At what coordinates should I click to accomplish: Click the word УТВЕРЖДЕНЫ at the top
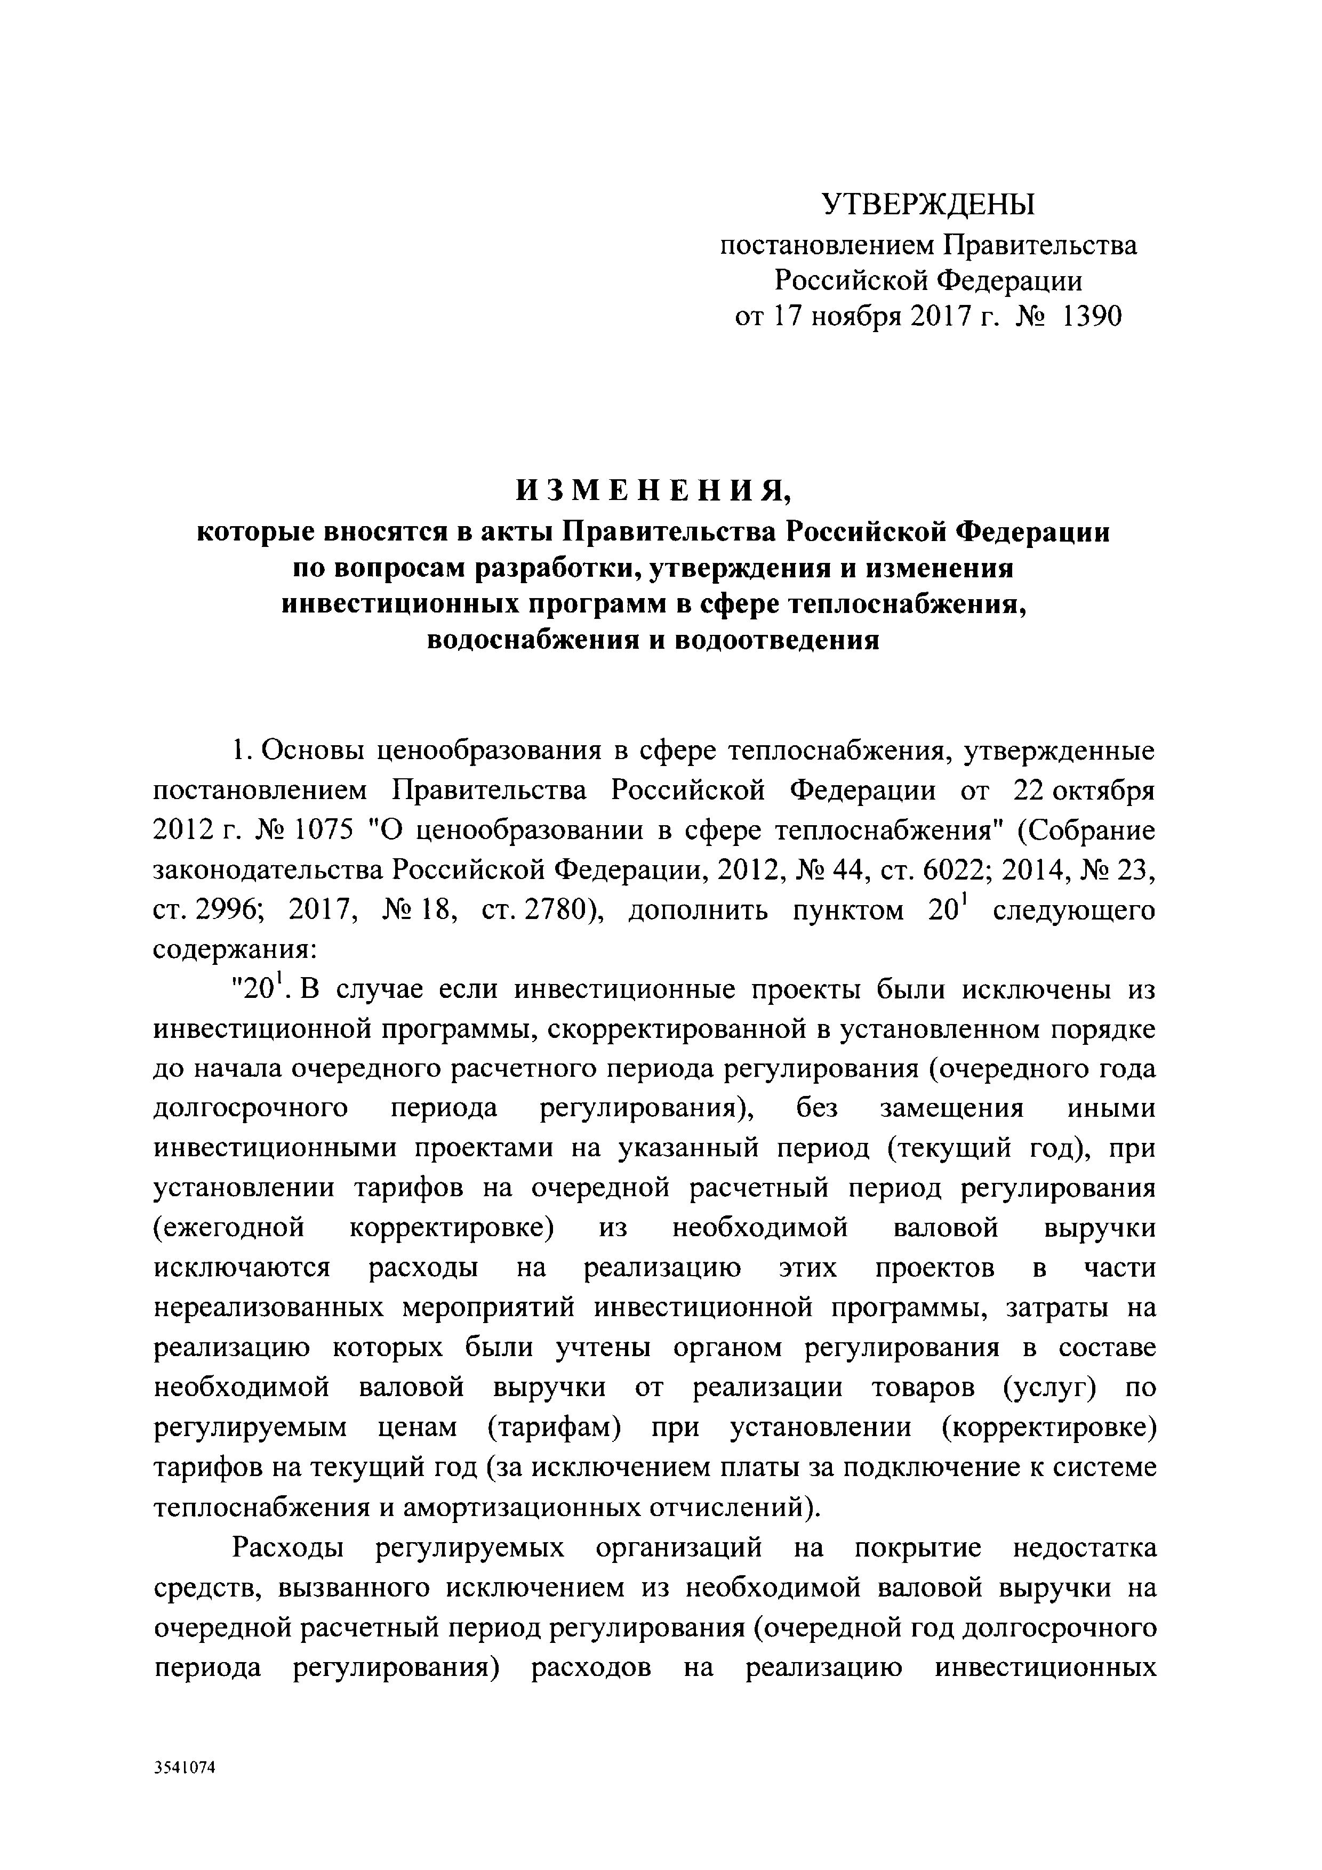pos(928,204)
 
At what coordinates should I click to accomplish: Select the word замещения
pos(952,1109)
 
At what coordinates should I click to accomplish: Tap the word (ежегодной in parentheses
pos(229,1228)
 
